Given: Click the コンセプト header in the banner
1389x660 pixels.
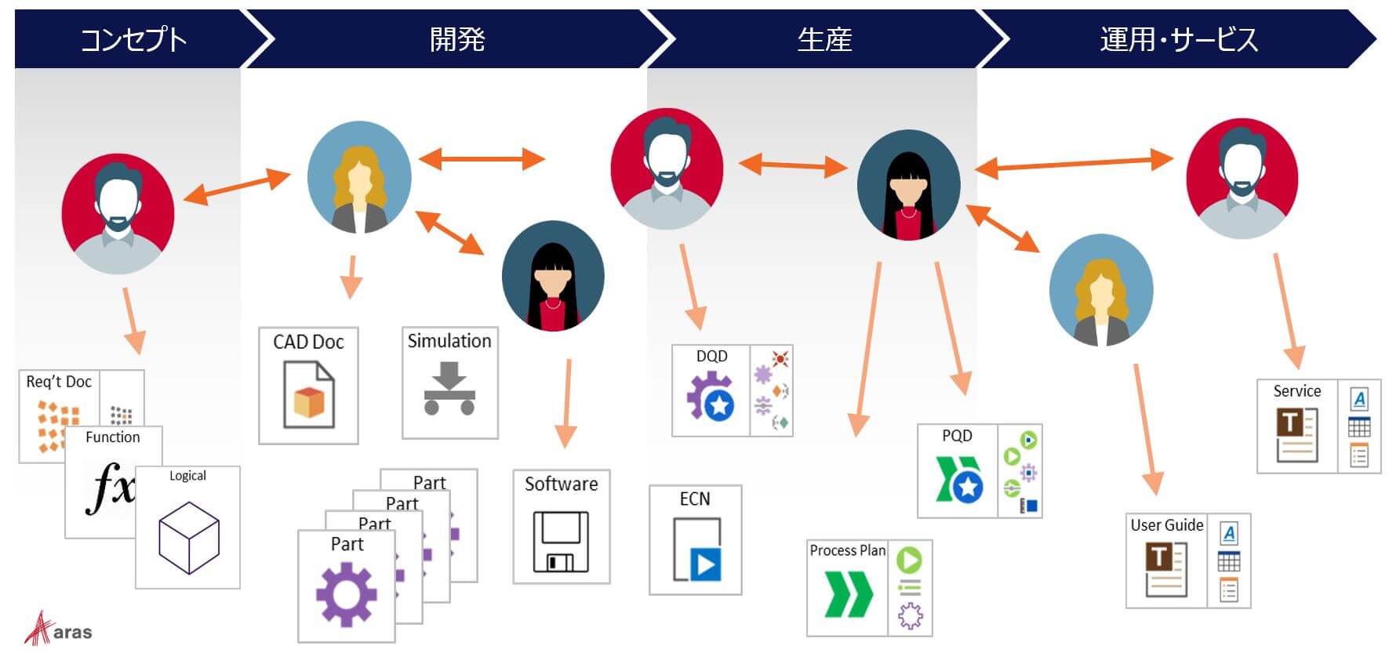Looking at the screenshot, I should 133,39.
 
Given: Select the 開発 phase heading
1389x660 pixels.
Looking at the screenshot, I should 457,39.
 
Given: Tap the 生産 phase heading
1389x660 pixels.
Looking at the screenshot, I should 824,39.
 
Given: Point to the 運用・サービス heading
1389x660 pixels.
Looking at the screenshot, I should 1178,39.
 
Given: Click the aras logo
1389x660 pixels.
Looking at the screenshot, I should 58,629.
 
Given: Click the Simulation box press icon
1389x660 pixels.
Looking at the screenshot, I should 449,389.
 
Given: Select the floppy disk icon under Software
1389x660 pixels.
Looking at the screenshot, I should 561,541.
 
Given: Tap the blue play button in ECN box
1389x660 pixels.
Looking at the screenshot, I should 704,564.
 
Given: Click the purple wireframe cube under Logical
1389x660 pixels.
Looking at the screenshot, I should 188,538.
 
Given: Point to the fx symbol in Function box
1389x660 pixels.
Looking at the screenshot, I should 110,488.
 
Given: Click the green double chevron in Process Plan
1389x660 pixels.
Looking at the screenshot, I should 848,594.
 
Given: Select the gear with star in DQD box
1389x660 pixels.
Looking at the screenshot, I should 710,397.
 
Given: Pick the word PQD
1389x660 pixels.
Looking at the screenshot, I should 957,436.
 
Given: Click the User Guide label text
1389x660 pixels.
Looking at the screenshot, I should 1166,525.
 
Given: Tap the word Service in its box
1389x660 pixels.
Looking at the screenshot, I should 1296,391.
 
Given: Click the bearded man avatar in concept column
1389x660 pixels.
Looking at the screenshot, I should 118,213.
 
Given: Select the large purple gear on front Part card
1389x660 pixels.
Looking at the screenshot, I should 345,594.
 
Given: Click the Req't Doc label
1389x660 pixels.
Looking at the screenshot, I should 59,382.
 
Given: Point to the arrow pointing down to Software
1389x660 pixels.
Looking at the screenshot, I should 566,404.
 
